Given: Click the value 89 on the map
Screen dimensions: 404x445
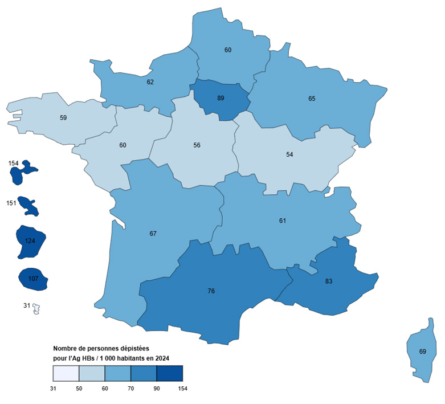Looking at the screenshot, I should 221,98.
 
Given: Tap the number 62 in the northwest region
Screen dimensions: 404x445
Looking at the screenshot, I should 150,82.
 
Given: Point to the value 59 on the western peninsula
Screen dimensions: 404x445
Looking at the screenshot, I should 63,118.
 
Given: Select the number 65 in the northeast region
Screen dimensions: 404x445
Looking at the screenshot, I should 312,99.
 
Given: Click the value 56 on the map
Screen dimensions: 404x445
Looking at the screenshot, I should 197,145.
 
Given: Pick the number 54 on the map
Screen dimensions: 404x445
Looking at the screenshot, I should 289,154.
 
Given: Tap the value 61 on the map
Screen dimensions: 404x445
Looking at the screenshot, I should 283,221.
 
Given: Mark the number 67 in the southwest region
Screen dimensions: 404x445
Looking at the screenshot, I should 153,234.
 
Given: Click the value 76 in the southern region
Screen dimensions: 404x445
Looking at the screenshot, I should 211,291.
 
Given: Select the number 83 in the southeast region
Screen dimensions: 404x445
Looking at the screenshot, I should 329,281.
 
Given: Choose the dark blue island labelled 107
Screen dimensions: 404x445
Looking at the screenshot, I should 32,279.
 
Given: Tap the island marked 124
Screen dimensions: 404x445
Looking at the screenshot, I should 30,241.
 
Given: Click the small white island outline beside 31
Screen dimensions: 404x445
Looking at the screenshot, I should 37,308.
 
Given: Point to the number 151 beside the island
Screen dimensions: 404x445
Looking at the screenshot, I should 11,203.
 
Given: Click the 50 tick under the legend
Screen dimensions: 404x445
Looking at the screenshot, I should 79,389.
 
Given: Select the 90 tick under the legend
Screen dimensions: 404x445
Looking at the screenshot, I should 157,389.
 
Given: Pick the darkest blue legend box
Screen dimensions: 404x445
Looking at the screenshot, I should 169,373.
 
